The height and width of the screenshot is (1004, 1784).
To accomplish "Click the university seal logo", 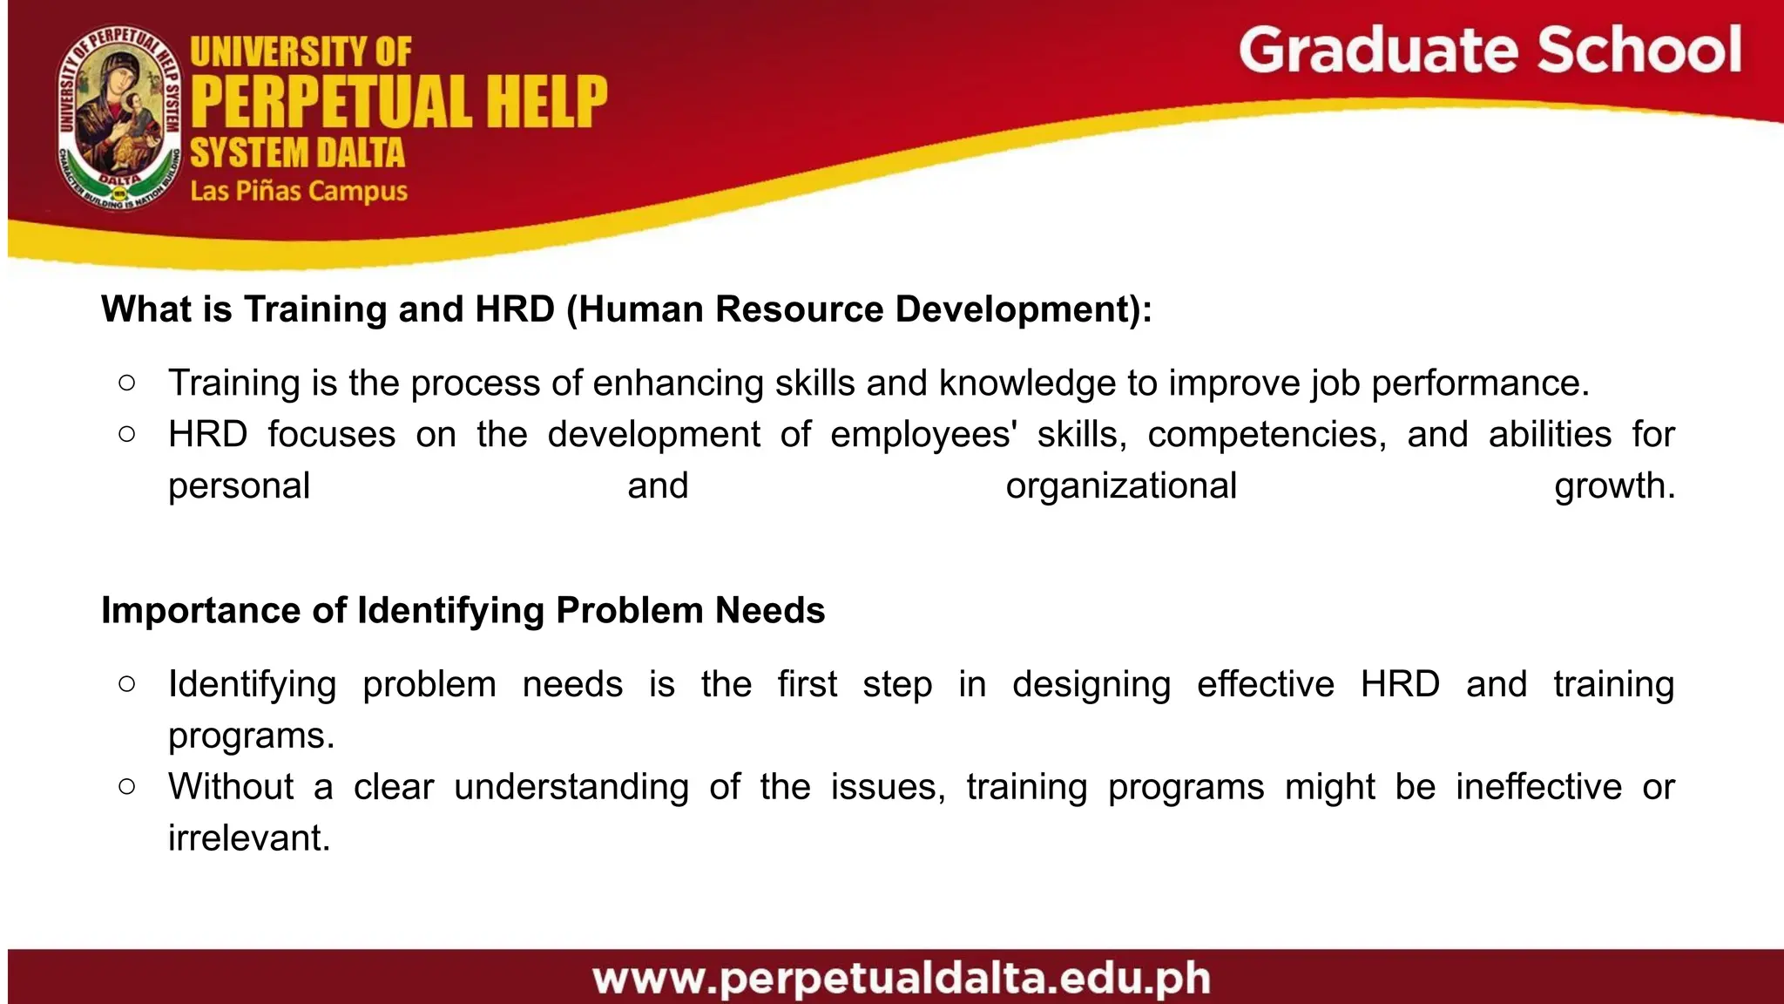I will pos(119,119).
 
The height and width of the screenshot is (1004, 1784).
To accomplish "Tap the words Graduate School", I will pos(1490,51).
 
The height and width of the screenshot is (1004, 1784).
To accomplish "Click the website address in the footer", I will pos(902,979).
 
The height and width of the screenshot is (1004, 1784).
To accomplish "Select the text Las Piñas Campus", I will pos(299,191).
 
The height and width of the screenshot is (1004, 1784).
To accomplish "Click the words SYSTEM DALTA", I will pos(298,153).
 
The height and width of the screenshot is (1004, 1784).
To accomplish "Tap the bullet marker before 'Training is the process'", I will pos(127,383).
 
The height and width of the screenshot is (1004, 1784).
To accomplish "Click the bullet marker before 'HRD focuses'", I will pos(127,433).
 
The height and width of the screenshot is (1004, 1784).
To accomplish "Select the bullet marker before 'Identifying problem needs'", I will pos(127,684).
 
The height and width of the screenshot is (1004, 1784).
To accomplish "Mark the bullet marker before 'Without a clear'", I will pos(127,786).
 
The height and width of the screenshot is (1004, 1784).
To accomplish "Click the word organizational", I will pos(1121,486).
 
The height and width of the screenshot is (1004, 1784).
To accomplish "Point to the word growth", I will pos(1614,486).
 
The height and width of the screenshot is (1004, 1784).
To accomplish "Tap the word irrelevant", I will pos(248,838).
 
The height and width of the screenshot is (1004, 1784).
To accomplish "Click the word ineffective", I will pos(1538,787).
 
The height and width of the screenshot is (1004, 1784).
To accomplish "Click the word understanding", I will pos(571,787).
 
